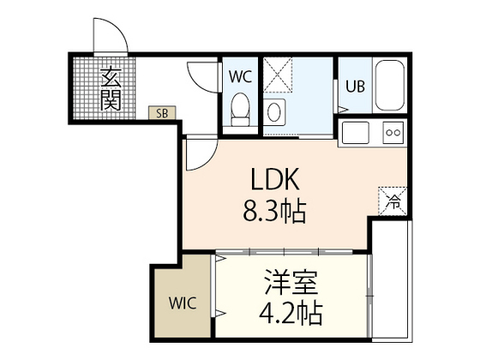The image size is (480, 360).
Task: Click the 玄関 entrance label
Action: (x=111, y=88)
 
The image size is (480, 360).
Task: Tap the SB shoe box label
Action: (x=160, y=112)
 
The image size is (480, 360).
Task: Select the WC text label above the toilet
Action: (x=239, y=75)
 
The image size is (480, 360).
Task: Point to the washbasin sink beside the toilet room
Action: (x=273, y=111)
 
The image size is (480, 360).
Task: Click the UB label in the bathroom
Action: (x=354, y=86)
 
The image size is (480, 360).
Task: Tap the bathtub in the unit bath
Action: (x=391, y=86)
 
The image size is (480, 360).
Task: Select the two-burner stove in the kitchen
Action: (x=393, y=133)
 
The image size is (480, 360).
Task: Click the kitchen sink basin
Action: (x=354, y=134)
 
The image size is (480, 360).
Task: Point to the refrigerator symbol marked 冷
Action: (x=393, y=202)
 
